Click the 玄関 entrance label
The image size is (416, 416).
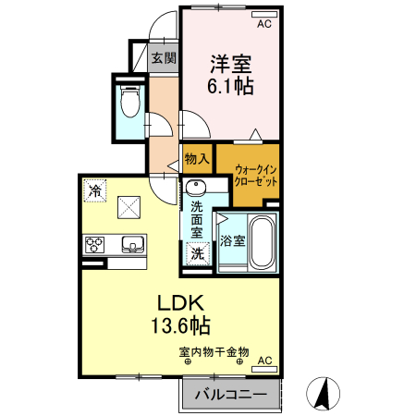pos(164,58)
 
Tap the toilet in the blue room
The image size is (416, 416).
pos(129,102)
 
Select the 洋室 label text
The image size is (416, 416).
pos(231,64)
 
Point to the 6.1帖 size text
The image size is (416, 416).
pos(231,88)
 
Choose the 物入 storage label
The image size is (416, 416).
pos(196,159)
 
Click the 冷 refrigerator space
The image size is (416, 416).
pos(95,190)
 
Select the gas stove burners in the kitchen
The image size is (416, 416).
pos(96,245)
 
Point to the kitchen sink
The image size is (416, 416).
pos(131,245)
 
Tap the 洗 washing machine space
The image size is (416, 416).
pos(197,251)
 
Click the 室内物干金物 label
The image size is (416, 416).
pos(214,351)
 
